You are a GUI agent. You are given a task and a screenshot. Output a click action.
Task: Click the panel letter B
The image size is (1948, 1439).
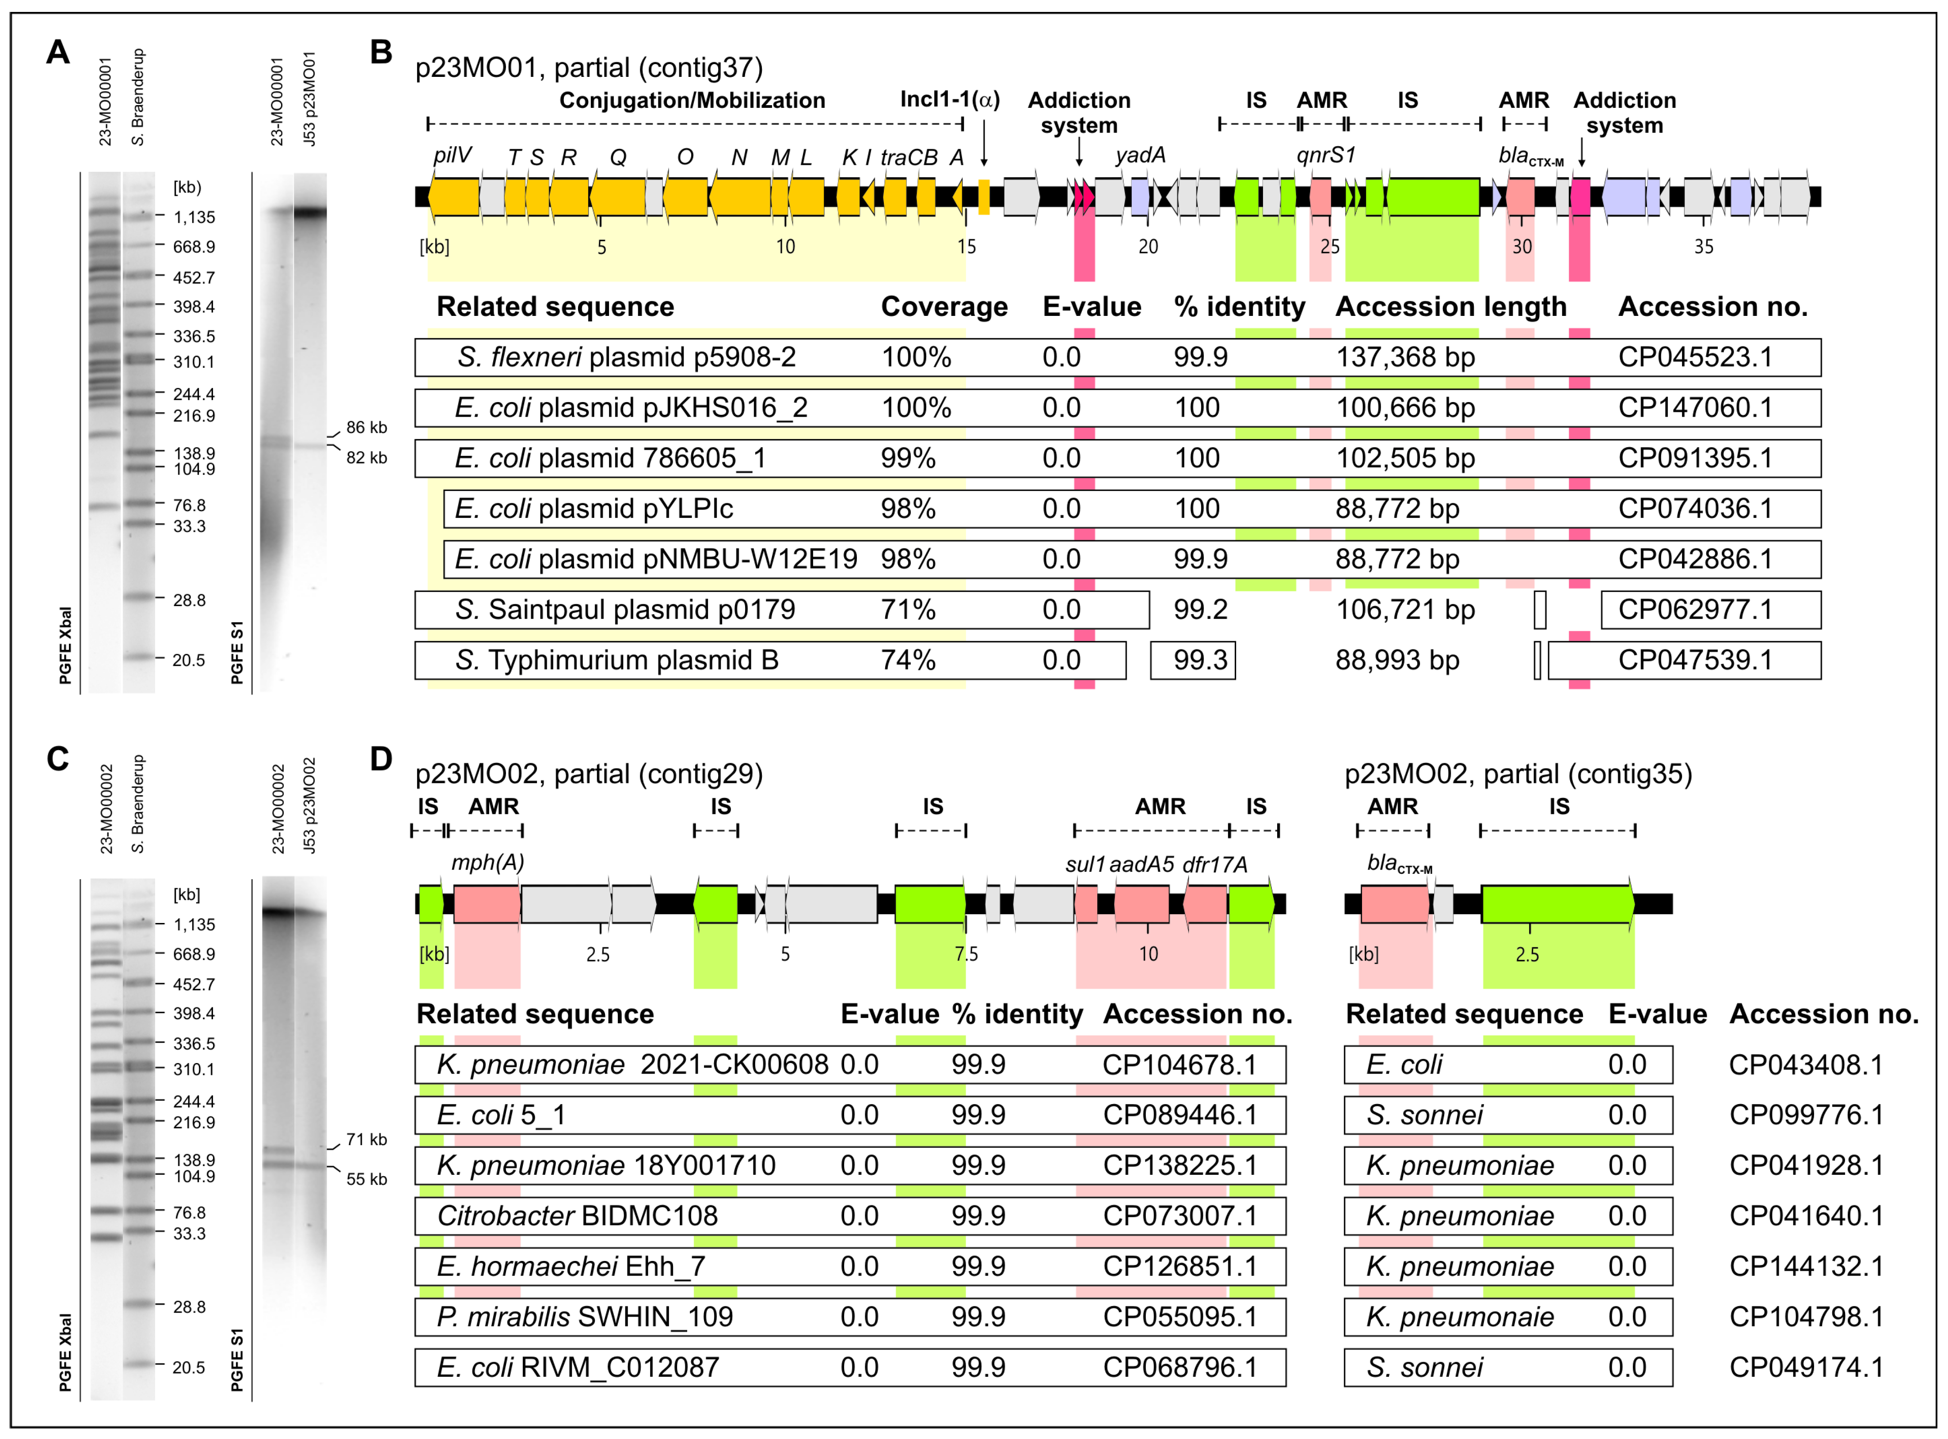click(380, 52)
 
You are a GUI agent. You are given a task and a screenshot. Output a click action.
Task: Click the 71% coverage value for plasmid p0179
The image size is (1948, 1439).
click(908, 610)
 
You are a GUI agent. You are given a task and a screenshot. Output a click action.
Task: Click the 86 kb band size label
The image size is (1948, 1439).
click(366, 428)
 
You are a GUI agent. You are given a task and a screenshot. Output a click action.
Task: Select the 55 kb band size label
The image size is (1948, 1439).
click(366, 1179)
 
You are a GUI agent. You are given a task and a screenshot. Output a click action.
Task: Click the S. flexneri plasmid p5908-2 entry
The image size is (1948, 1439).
click(626, 357)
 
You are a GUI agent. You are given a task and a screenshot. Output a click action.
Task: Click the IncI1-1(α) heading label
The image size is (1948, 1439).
click(950, 100)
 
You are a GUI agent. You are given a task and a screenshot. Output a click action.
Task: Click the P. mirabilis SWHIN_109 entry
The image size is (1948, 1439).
click(585, 1317)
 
